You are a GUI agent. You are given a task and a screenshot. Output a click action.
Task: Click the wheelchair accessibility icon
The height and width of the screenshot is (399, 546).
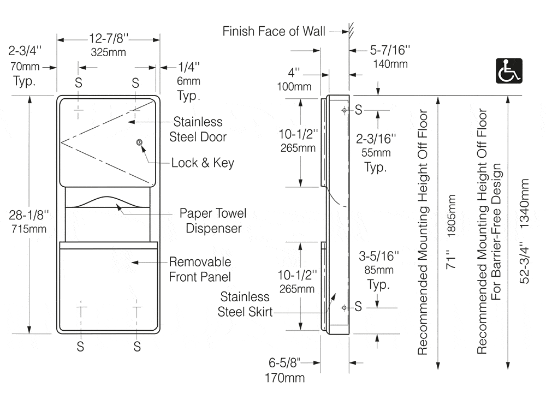[509, 70]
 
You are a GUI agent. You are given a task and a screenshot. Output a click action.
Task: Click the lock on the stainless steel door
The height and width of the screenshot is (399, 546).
[139, 142]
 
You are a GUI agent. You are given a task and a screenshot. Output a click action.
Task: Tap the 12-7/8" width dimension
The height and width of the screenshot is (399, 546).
[108, 38]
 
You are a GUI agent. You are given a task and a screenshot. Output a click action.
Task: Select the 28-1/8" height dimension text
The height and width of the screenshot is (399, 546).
[28, 215]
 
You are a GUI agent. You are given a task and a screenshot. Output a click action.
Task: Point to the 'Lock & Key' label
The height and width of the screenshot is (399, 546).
[203, 163]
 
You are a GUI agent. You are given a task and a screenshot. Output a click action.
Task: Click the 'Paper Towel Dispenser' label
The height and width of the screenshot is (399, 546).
[213, 221]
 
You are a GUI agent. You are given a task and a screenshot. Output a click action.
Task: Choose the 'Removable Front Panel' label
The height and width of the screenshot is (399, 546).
[200, 269]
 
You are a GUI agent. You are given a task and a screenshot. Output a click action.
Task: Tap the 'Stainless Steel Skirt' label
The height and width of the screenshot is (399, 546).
[245, 304]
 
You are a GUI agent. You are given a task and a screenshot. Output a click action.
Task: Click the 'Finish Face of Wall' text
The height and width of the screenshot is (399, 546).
[274, 31]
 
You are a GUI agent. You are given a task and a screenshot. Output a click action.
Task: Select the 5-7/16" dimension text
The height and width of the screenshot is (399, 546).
[390, 50]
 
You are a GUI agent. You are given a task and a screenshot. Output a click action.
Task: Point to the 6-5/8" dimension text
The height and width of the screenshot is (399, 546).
[284, 363]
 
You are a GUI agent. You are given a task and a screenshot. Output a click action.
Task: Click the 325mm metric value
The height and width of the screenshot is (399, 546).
[108, 52]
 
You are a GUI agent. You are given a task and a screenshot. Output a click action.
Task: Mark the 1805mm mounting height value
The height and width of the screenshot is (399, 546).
[452, 216]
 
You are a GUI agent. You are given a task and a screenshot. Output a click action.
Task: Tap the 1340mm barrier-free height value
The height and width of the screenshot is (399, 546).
[524, 204]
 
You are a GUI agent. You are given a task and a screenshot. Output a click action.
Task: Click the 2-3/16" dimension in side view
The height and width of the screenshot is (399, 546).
[376, 139]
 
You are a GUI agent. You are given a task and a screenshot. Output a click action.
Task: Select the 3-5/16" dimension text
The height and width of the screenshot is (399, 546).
[379, 256]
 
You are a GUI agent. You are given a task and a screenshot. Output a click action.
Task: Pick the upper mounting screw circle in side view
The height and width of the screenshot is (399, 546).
[345, 110]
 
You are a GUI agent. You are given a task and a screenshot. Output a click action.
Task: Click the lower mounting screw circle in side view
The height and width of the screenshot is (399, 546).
[345, 308]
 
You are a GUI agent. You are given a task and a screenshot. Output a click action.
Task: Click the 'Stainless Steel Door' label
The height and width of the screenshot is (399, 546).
[198, 129]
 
